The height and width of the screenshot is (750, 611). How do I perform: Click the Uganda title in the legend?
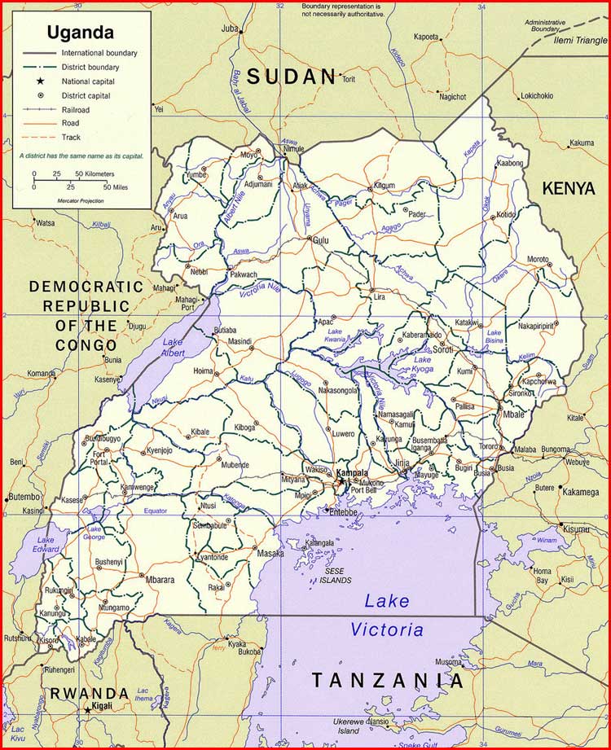80,33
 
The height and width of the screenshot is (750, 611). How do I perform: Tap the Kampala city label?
352,472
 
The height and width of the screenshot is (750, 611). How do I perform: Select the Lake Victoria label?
387,616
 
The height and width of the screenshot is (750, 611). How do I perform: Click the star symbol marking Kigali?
87,710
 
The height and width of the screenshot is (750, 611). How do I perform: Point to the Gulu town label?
321,240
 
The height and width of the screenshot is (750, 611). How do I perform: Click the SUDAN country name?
292,77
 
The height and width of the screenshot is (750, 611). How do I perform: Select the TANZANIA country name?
387,681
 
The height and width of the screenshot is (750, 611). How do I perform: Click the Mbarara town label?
160,580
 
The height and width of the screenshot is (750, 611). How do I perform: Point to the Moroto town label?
538,259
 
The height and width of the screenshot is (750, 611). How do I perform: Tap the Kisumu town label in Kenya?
576,529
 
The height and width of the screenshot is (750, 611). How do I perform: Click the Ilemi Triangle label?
581,40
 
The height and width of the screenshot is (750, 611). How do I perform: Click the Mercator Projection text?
77,200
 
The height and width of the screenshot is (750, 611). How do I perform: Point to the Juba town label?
229,29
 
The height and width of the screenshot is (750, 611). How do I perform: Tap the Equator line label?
154,511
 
